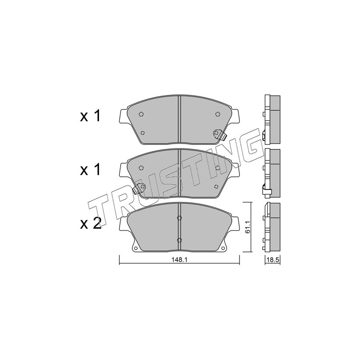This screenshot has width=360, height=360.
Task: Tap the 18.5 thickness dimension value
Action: pyautogui.click(x=273, y=260)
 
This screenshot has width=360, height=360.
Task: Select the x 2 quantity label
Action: pyautogui.click(x=90, y=223)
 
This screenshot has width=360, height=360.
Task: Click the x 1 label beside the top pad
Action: pyautogui.click(x=90, y=116)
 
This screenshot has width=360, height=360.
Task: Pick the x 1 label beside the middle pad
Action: pyautogui.click(x=90, y=170)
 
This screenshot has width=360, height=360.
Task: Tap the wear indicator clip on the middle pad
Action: pyautogui.click(x=139, y=188)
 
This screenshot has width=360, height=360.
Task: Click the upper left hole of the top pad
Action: pyautogui.click(x=141, y=114)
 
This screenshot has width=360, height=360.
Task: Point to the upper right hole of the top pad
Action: pyautogui.click(x=217, y=114)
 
